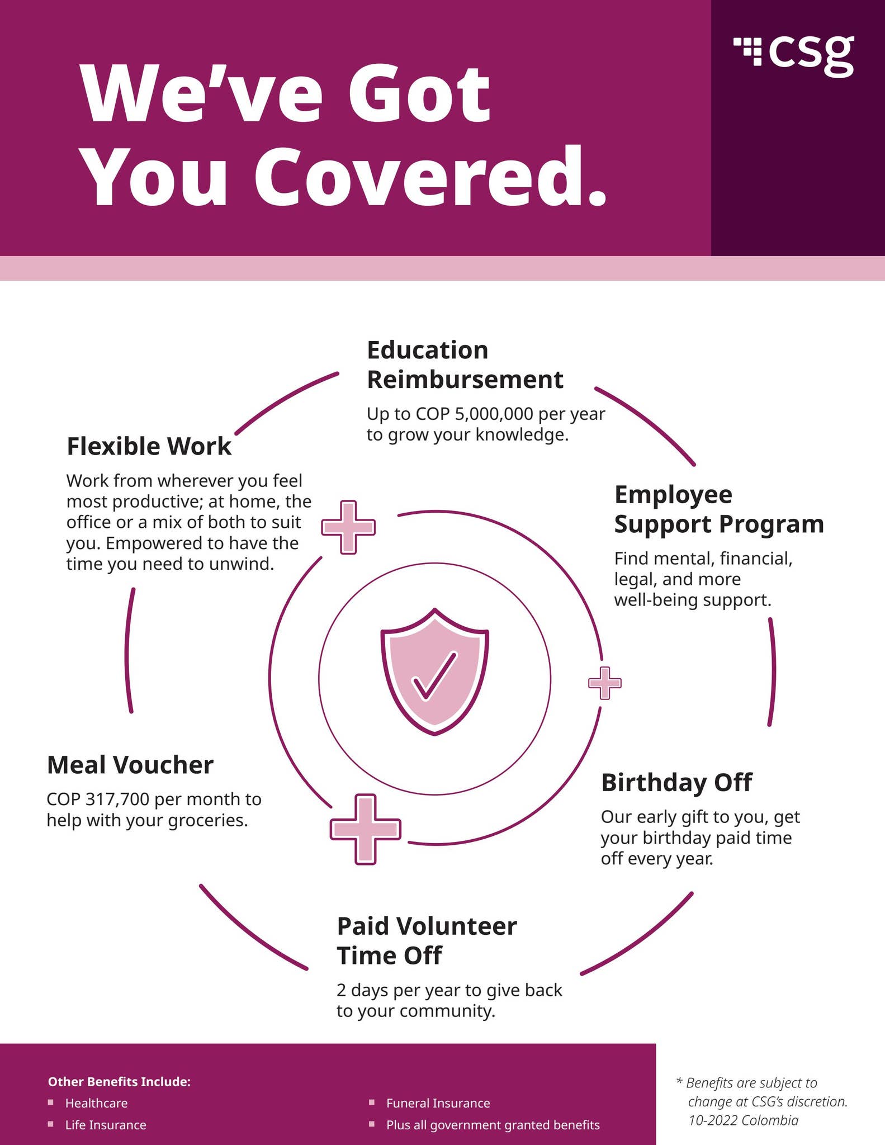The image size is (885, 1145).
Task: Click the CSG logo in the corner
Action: coord(794,55)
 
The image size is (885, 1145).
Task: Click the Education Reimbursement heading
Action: coord(465,365)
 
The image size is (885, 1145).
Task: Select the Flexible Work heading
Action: coord(149,446)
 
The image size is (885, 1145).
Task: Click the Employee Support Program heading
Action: coord(719,509)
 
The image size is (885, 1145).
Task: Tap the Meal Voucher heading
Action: coord(130,765)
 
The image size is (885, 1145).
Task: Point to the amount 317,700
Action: coord(117,799)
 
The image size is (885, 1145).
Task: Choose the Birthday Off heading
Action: coord(676,782)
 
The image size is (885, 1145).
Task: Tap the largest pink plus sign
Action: coord(366,829)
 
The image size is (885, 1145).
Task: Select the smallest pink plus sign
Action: coord(605,683)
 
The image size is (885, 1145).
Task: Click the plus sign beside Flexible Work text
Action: coord(348,527)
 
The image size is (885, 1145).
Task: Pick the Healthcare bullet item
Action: coord(96,1103)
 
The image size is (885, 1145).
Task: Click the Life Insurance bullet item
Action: coord(106,1125)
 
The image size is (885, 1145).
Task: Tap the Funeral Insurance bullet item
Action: coord(438,1103)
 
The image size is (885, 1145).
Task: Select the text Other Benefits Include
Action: coord(120,1082)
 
